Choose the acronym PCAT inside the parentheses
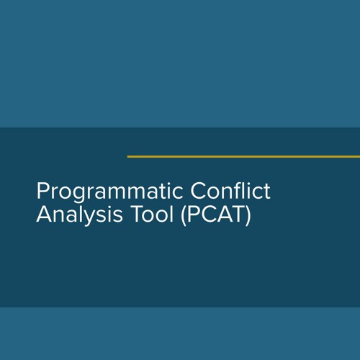213,214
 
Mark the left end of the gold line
129,156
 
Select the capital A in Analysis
45,214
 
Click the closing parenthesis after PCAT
248,215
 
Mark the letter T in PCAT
236,214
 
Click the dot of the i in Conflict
253,184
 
